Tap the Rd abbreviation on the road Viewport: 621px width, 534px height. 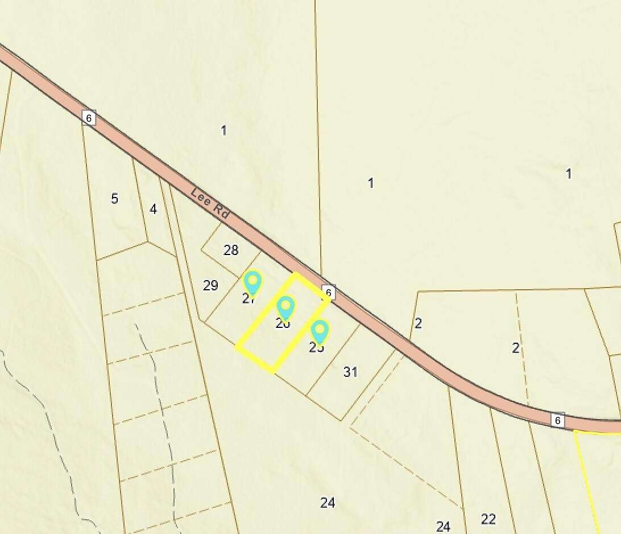click(222, 212)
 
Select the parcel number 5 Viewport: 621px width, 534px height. click(115, 199)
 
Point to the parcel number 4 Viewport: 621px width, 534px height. click(153, 209)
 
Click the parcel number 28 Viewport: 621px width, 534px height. click(231, 250)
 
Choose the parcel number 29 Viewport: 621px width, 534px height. click(210, 285)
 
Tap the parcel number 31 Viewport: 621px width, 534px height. click(351, 372)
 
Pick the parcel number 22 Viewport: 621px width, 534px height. click(488, 519)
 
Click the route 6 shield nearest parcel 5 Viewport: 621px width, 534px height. click(88, 117)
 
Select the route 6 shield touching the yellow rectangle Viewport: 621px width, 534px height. click(329, 293)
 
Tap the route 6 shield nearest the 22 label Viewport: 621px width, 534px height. click(558, 420)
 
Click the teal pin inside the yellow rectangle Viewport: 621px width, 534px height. click(285, 307)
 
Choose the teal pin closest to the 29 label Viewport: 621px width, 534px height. click(252, 282)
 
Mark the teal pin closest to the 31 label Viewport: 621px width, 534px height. click(320, 331)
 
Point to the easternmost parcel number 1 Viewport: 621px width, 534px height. click(569, 174)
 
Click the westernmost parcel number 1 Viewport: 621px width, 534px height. click(223, 130)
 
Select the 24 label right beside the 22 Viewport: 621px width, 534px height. click(444, 526)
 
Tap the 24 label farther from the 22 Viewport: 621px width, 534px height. click(328, 503)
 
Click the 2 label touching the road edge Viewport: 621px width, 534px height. click(419, 323)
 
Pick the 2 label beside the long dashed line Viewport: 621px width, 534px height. click(516, 348)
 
